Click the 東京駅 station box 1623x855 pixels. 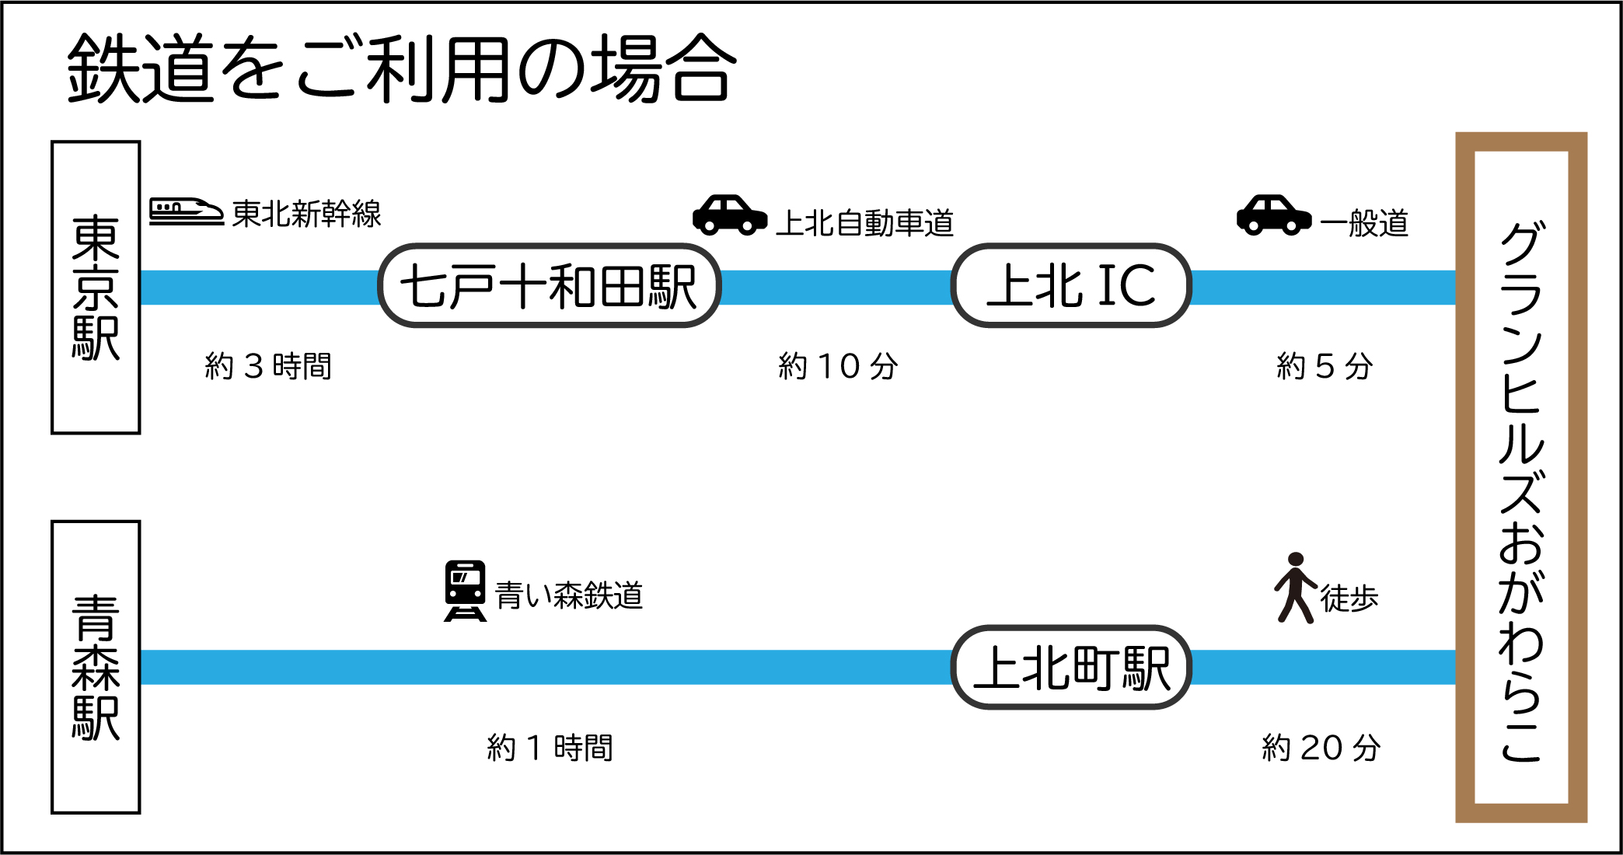pyautogui.click(x=96, y=288)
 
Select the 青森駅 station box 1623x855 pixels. pyautogui.click(x=96, y=667)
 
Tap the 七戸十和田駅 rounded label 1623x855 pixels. pyautogui.click(x=550, y=286)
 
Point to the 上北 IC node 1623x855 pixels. pyautogui.click(x=1071, y=286)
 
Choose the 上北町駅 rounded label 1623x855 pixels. pyautogui.click(x=1071, y=667)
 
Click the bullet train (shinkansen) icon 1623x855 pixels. pyautogui.click(x=186, y=211)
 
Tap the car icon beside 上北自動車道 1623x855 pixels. pyautogui.click(x=729, y=215)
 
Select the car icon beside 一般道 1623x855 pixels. pyautogui.click(x=1273, y=215)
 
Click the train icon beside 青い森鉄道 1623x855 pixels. pyautogui.click(x=465, y=591)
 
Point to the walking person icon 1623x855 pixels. pyautogui.click(x=1295, y=588)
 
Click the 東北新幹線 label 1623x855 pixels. pyautogui.click(x=306, y=214)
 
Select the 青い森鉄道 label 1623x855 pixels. pyautogui.click(x=569, y=596)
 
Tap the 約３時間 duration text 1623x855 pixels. pyautogui.click(x=268, y=366)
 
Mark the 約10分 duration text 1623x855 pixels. pyautogui.click(x=838, y=366)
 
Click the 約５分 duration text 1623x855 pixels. pyautogui.click(x=1325, y=366)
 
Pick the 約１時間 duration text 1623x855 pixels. pyautogui.click(x=550, y=748)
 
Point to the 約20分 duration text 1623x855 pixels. pyautogui.click(x=1321, y=748)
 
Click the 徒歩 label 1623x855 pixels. pyautogui.click(x=1349, y=598)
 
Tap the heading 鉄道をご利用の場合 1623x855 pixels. pyautogui.click(x=401, y=69)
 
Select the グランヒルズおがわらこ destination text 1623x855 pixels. pyautogui.click(x=1520, y=490)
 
